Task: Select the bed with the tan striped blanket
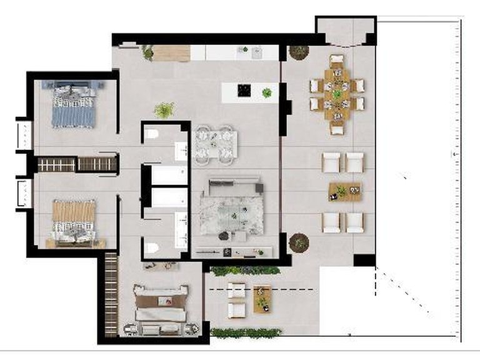[x=73, y=221]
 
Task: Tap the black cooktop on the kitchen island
[x=244, y=91]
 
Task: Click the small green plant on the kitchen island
[x=267, y=93]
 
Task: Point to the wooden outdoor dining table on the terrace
[x=337, y=94]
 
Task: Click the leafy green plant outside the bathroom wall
[x=164, y=110]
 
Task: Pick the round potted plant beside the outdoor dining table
[x=299, y=52]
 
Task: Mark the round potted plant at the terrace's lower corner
[x=299, y=242]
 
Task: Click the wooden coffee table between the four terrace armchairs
[x=345, y=192]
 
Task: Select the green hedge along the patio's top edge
[x=245, y=271]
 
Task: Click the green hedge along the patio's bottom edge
[x=245, y=332]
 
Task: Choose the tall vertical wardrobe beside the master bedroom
[x=111, y=294]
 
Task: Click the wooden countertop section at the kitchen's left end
[x=171, y=53]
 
